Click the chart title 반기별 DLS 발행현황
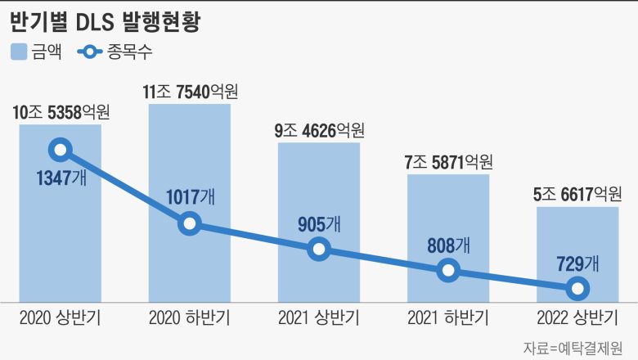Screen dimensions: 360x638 pyautogui.click(x=106, y=20)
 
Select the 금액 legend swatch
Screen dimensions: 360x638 pyautogui.click(x=20, y=52)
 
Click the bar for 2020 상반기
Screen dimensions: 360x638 pyautogui.click(x=60, y=245)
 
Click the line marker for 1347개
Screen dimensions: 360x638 pyautogui.click(x=60, y=150)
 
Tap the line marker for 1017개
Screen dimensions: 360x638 pyautogui.click(x=189, y=223)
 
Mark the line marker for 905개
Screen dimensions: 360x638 pyautogui.click(x=319, y=250)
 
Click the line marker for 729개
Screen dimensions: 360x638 pyautogui.click(x=577, y=288)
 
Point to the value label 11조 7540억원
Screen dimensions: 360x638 pyautogui.click(x=190, y=92)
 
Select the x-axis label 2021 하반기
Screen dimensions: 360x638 pyautogui.click(x=448, y=317)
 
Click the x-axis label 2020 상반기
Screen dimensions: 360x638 pyautogui.click(x=60, y=317)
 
